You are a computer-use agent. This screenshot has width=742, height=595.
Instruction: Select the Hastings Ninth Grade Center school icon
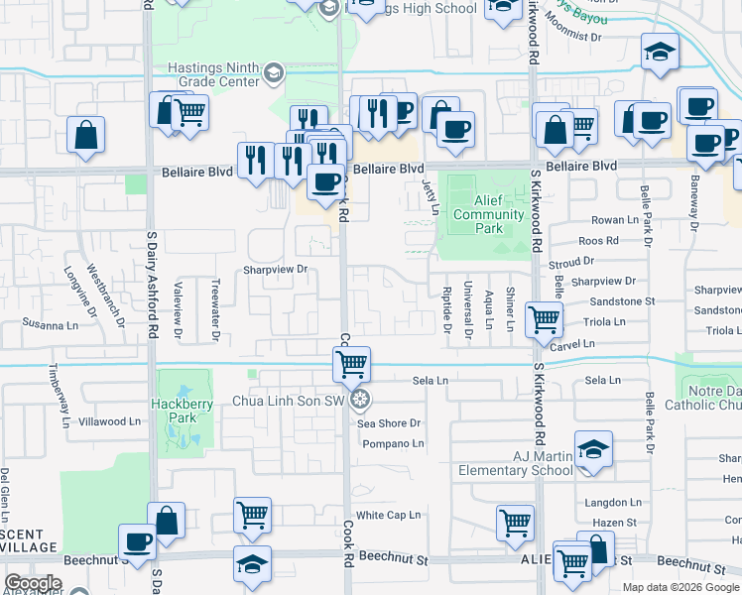click(272, 72)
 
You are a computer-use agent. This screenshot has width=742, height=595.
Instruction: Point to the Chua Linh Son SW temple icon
click(361, 400)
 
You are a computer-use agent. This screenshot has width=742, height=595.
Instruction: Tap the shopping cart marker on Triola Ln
click(544, 319)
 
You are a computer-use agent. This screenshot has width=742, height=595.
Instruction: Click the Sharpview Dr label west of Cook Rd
click(276, 269)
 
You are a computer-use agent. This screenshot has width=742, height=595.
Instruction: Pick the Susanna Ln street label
click(51, 324)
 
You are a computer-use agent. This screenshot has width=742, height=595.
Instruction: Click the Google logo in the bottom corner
click(33, 583)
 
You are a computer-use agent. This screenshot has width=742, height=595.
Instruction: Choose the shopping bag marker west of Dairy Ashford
click(86, 135)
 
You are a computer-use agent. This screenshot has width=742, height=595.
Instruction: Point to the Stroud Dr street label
click(571, 262)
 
